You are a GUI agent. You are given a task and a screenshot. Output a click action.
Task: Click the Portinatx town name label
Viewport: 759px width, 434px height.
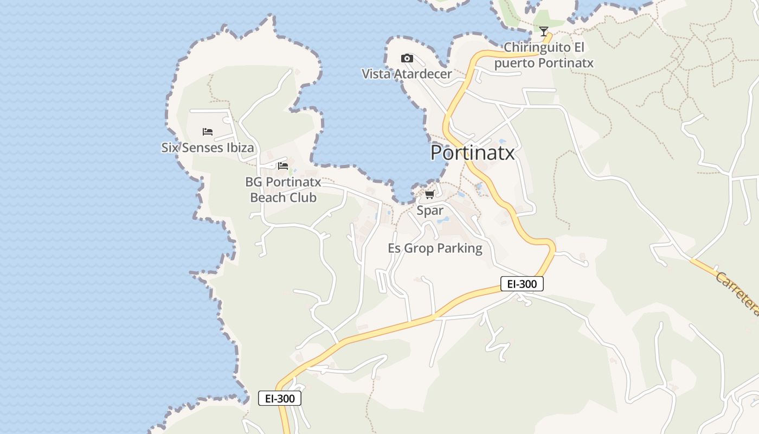click(472, 153)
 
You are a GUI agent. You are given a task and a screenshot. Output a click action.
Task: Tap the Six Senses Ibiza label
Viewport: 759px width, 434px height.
click(208, 148)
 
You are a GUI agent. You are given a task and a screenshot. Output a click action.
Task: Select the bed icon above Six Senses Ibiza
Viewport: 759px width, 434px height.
click(208, 132)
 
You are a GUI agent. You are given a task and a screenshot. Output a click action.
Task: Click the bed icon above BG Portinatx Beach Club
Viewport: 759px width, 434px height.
click(283, 166)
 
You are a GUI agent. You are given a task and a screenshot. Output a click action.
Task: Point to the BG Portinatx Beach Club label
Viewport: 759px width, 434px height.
click(283, 190)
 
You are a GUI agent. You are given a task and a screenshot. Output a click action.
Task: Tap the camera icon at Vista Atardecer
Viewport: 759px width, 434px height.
click(407, 59)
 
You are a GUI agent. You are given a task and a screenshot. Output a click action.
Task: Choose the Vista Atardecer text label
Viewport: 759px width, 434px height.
click(407, 74)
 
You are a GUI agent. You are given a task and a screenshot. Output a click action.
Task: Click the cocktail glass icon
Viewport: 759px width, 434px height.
click(544, 31)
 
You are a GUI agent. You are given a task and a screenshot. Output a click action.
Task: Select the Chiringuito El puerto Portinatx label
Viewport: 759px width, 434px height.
click(544, 55)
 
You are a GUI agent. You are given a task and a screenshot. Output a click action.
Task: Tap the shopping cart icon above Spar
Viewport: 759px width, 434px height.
click(430, 195)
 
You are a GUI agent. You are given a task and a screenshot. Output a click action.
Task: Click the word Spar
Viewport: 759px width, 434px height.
click(430, 210)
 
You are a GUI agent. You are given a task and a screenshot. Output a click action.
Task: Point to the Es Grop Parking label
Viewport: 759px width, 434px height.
click(435, 248)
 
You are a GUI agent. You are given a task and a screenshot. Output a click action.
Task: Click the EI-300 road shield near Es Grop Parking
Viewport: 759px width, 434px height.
click(522, 284)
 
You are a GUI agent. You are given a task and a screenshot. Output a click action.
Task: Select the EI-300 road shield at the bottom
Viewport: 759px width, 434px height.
click(280, 398)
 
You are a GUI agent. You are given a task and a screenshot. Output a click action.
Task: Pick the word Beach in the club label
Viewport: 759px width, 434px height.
click(268, 197)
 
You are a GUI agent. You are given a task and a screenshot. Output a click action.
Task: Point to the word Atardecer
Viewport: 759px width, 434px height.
click(422, 74)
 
